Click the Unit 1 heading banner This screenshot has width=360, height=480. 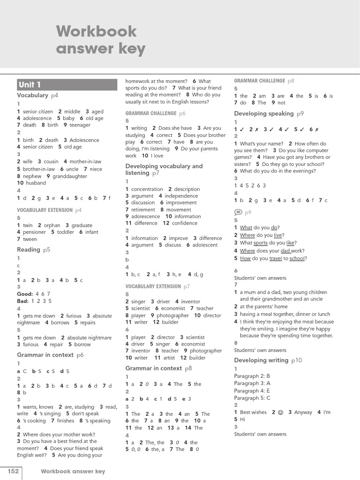tap(67, 85)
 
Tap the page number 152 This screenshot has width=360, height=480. tap(13, 471)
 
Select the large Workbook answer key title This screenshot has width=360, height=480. tap(101, 40)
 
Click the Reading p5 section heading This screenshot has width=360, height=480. tap(33, 250)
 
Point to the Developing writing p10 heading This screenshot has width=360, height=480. tap(268, 360)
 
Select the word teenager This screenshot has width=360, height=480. tap(80, 125)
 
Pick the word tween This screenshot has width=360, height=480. tap(30, 239)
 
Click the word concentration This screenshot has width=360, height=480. tap(147, 189)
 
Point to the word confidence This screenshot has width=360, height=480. tap(185, 223)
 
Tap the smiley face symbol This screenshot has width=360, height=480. tap(280, 412)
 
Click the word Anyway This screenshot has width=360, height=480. tap(303, 412)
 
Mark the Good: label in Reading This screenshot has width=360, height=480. tap(25, 294)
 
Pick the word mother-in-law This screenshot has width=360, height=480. tap(85, 162)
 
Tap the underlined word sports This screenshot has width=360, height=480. tap(261, 243)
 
